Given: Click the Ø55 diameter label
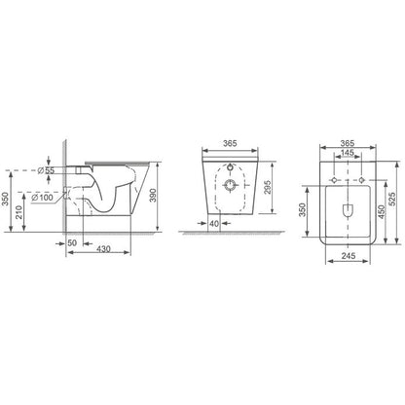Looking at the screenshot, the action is (46, 170).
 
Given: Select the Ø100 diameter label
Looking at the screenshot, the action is (42, 197).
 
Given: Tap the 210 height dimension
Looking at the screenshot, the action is (19, 212).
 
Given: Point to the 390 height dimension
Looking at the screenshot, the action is (153, 196).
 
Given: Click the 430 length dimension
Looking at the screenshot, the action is (104, 248).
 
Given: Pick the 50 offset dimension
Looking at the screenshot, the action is (72, 242).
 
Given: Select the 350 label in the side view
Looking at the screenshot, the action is (5, 199).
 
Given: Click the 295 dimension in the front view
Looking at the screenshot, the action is (268, 187).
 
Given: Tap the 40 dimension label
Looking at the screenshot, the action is (214, 223).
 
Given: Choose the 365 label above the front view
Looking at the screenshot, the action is (230, 143).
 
